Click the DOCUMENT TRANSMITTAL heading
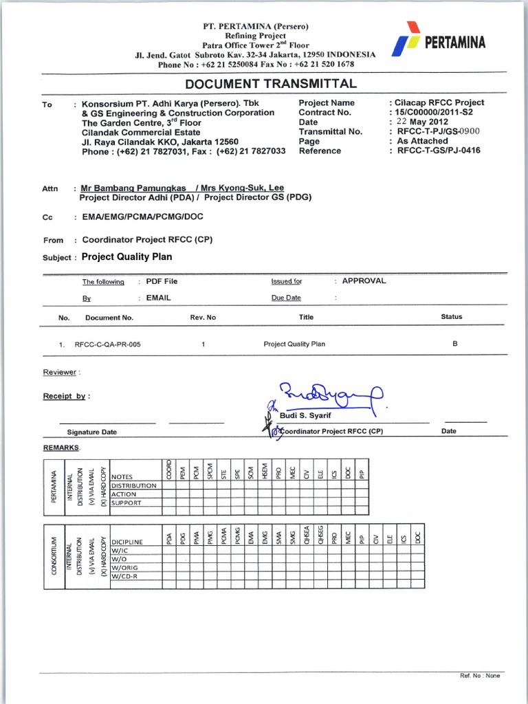(x=271, y=84)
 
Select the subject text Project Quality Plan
(x=126, y=257)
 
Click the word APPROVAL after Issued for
(x=364, y=280)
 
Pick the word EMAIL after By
(x=158, y=298)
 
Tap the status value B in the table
(x=454, y=343)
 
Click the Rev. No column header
(x=203, y=317)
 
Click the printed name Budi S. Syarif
(x=306, y=416)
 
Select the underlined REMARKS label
(x=61, y=448)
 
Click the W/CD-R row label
(x=125, y=576)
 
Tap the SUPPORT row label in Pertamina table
(x=126, y=503)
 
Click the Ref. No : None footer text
(x=480, y=676)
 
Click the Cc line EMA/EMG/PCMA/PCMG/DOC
(x=142, y=217)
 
